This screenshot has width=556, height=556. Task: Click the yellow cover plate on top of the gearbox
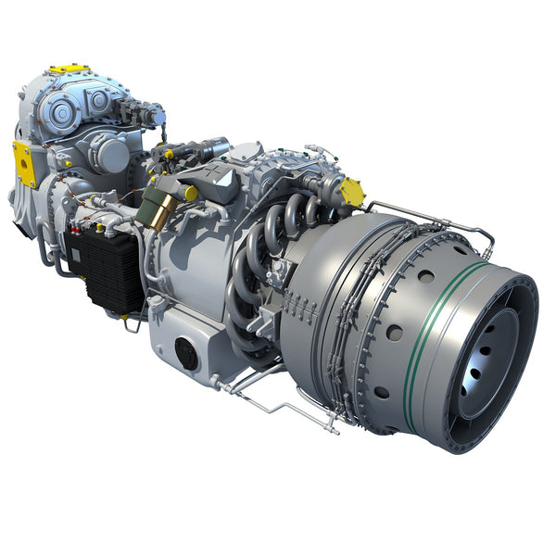pyautogui.click(x=69, y=69)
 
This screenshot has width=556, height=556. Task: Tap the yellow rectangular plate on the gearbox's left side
pyautogui.click(x=24, y=163)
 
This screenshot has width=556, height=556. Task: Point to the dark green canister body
pyautogui.click(x=148, y=198)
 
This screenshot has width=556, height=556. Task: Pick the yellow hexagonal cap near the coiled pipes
pyautogui.click(x=352, y=192)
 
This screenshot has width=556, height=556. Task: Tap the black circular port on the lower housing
pyautogui.click(x=186, y=352)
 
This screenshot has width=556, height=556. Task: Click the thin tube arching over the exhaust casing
pyautogui.click(x=436, y=216)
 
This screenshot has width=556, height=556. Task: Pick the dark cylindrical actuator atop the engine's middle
pyautogui.click(x=212, y=147)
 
